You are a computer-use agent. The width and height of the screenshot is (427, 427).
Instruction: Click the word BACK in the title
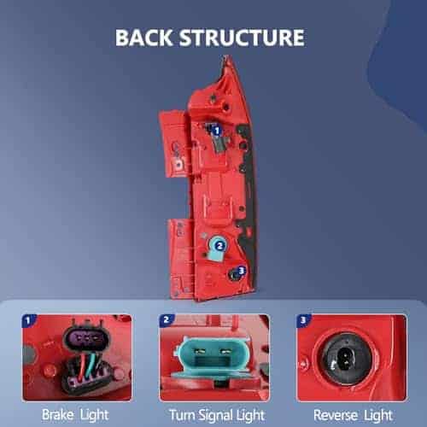(143, 38)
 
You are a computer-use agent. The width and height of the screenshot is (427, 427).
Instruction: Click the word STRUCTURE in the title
(242, 38)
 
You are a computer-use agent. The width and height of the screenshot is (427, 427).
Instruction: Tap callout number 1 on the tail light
(217, 131)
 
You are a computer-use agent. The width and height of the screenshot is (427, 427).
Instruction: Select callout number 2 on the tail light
(219, 246)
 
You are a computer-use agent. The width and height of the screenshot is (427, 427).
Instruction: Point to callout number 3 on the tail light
(242, 271)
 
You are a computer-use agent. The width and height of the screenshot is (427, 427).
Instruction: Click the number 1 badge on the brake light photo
(28, 321)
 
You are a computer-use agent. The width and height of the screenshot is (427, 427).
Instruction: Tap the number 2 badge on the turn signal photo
(166, 320)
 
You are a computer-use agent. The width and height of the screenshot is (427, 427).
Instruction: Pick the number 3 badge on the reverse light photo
(303, 320)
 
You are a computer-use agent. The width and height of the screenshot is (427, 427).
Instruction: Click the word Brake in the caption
(58, 414)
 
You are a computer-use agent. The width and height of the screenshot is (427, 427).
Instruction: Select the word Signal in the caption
(216, 416)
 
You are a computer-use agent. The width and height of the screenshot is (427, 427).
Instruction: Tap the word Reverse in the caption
(336, 415)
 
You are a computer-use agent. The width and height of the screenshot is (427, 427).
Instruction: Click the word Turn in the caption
(182, 415)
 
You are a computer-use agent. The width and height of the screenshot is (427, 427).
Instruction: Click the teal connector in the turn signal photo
(213, 358)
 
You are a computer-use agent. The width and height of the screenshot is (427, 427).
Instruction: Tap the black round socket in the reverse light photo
(346, 359)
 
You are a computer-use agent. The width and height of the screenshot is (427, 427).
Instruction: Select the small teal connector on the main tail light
(216, 249)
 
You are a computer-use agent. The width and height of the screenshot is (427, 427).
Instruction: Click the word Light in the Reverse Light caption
(378, 416)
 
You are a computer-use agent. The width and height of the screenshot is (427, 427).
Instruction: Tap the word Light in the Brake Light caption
(95, 416)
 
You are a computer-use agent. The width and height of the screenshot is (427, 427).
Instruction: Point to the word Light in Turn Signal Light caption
(251, 416)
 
